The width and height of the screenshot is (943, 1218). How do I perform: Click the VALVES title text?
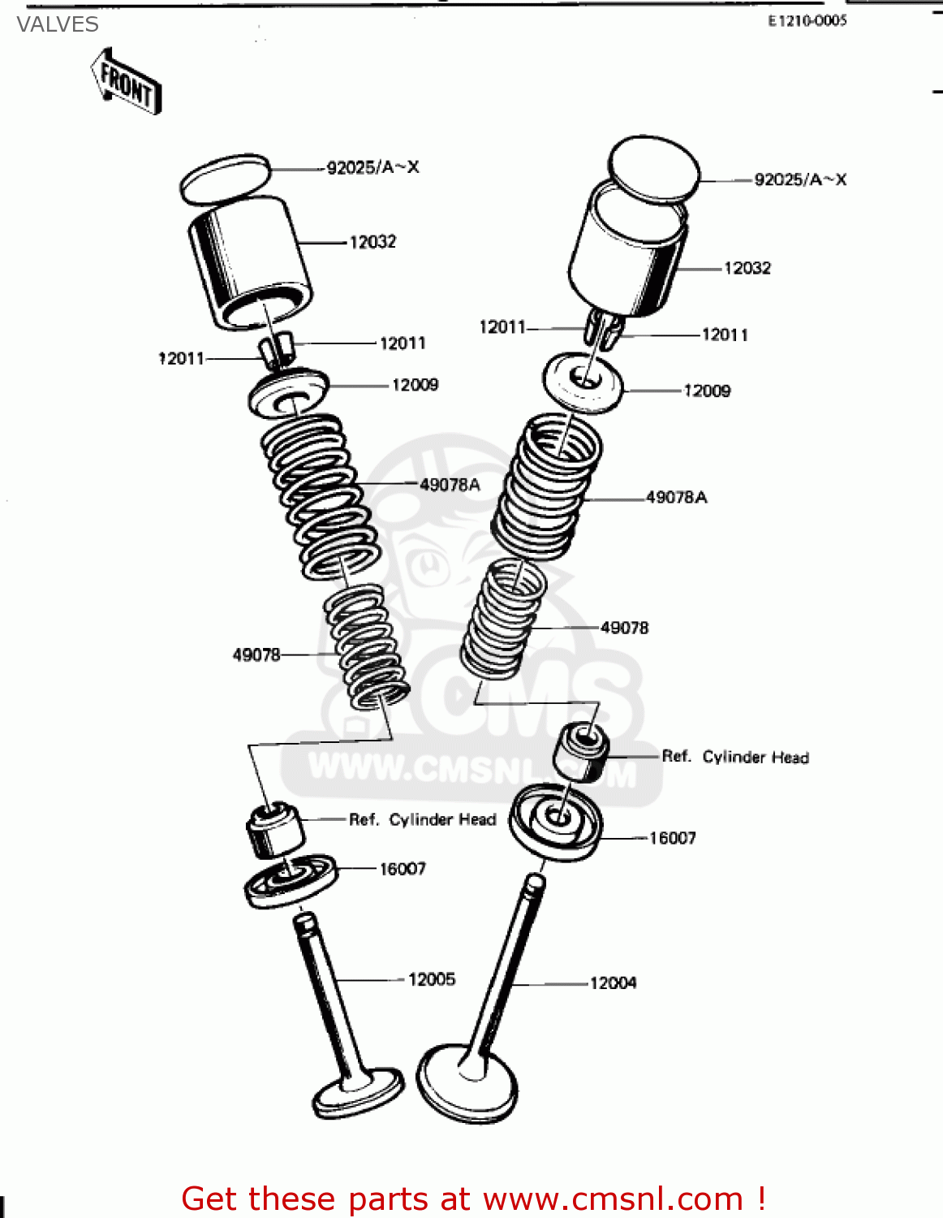point(58,24)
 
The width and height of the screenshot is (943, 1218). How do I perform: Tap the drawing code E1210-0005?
point(807,21)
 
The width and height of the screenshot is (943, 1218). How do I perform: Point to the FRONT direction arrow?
point(127,82)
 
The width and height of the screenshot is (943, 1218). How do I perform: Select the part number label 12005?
point(431,979)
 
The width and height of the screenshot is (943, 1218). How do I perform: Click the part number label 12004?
point(613,983)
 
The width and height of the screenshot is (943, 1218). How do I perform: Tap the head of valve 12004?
point(467,1082)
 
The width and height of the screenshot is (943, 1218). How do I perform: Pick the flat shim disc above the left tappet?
point(225,179)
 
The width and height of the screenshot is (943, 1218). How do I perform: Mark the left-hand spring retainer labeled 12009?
point(288,393)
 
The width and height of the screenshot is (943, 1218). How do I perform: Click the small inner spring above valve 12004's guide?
point(504,617)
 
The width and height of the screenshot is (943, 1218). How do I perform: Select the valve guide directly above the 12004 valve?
point(581,750)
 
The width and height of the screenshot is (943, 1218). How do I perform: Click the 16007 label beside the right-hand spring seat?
point(672,838)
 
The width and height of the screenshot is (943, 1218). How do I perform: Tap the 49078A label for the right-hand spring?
point(676,497)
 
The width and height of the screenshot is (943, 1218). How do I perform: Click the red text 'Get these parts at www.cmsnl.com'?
point(473,1199)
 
